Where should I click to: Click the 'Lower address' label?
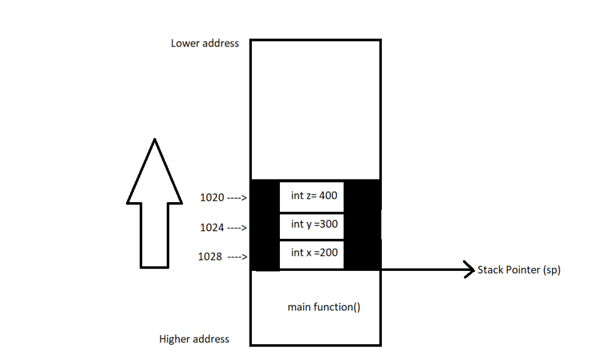205,43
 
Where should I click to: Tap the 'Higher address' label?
194,339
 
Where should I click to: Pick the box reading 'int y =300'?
311,225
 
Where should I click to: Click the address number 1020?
211,197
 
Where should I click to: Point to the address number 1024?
212,228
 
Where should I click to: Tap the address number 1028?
210,257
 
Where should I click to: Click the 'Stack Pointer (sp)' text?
519,270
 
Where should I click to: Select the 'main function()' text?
324,307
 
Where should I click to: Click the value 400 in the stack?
328,196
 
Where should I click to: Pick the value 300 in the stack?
329,224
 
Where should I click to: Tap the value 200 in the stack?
328,253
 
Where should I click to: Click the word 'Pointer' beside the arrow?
523,270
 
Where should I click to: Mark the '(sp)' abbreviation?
552,270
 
